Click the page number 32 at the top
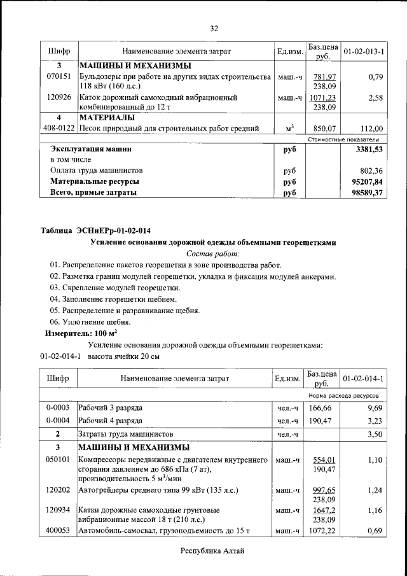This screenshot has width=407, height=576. [x=214, y=28]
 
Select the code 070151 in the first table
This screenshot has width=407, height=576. [x=59, y=77]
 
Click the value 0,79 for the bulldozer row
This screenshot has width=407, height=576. [x=375, y=77]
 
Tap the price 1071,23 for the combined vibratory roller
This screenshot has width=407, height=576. [x=322, y=98]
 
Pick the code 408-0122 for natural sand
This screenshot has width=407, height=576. [x=59, y=129]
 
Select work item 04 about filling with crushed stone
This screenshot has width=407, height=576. [x=113, y=299]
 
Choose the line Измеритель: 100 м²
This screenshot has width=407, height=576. [x=80, y=333]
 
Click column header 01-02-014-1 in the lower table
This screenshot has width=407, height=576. [x=363, y=379]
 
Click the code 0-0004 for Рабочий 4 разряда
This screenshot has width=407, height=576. [x=59, y=421]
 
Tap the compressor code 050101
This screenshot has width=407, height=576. [x=59, y=459]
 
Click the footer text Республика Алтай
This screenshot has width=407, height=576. [x=212, y=551]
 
